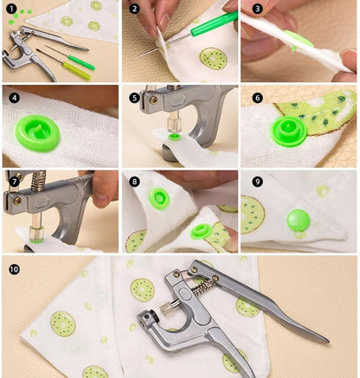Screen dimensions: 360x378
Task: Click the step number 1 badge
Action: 11,9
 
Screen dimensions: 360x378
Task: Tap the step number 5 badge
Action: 134,98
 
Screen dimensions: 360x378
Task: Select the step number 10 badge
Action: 14,270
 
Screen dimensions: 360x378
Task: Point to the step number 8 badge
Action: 134,182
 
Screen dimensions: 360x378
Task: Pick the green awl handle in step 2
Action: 214,22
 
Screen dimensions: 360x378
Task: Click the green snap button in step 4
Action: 37,132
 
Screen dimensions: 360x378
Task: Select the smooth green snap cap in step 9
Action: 299,221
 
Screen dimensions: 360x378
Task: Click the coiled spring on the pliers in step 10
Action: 203,287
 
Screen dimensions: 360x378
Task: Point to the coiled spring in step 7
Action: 38,181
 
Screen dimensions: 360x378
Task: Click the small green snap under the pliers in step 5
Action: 174,137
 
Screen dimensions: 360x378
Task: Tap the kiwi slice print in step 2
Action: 213,59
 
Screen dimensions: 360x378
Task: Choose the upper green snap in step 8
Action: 159,198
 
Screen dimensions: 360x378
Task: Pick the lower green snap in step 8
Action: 202,232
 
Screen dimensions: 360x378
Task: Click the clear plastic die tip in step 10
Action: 166,309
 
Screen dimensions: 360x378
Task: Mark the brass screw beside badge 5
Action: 154,99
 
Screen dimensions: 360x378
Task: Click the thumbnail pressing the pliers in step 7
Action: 101,199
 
